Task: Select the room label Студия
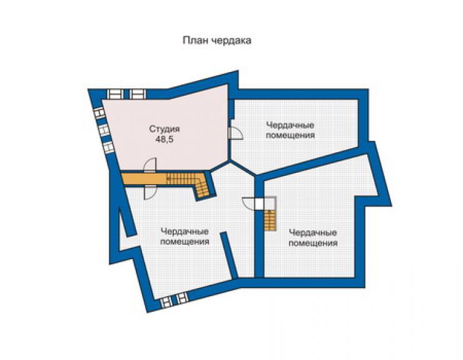(164, 129)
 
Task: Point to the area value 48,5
(164, 140)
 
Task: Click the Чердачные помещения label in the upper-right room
(290, 130)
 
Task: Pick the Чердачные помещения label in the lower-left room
(185, 237)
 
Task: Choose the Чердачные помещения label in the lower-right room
(313, 238)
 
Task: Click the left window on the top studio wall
(115, 95)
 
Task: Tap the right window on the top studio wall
(137, 95)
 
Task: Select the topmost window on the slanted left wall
(99, 113)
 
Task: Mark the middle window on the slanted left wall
(104, 130)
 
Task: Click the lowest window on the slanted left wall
(108, 147)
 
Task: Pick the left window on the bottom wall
(166, 302)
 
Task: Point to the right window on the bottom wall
(181, 297)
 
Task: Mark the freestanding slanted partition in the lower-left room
(229, 255)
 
